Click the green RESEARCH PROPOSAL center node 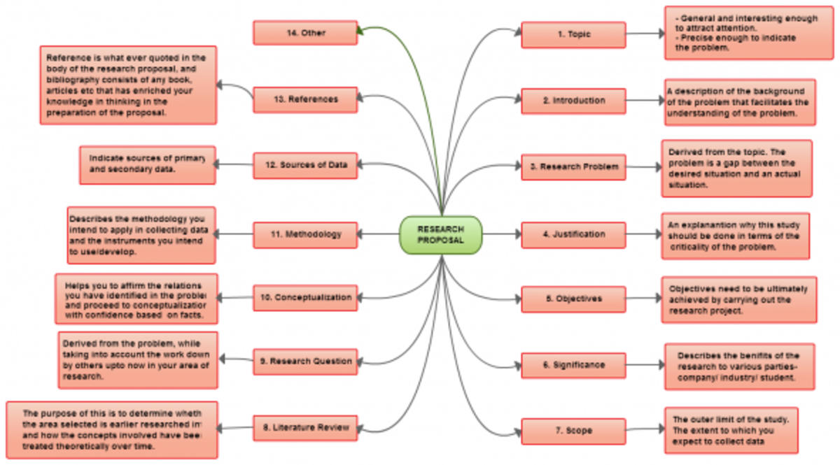[x=441, y=235]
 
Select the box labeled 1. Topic [x=573, y=34]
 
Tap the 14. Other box [x=305, y=33]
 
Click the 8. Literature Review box [x=305, y=427]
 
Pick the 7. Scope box [x=573, y=431]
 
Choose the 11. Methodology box [x=305, y=234]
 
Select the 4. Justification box [x=573, y=234]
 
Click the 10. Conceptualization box [x=305, y=298]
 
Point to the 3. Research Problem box [x=573, y=167]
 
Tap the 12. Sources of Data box [x=305, y=166]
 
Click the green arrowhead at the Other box [x=360, y=30]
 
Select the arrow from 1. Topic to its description [x=645, y=33]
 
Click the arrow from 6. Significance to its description [x=645, y=364]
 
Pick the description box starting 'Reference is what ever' [x=128, y=85]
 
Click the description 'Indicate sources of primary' [x=148, y=165]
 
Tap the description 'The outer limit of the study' [x=731, y=430]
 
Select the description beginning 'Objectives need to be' [x=739, y=299]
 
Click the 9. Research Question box [x=305, y=362]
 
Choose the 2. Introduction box [x=573, y=101]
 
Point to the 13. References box [x=305, y=99]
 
